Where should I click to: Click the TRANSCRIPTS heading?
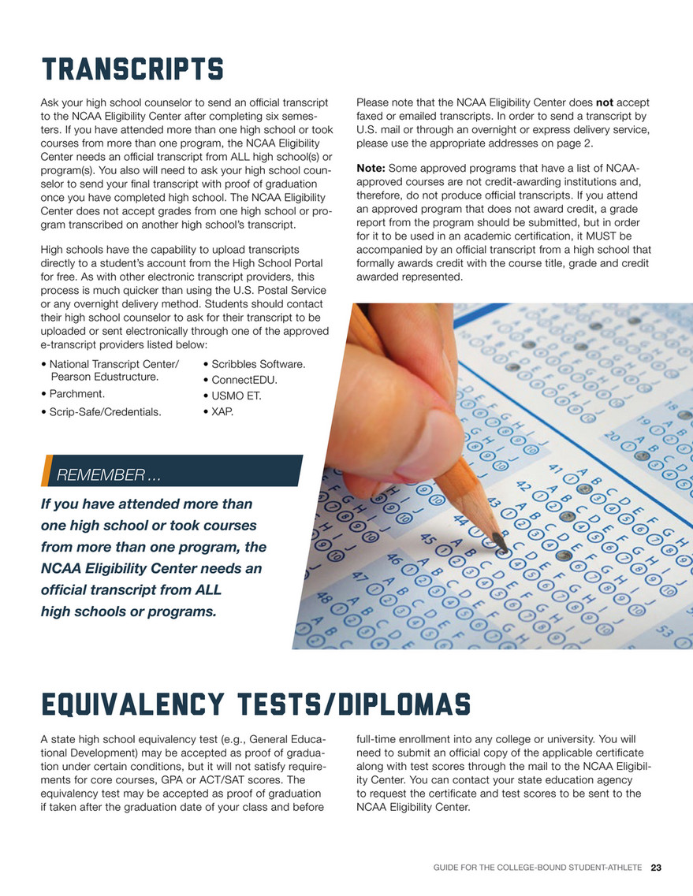tap(132, 69)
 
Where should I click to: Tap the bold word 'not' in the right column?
tap(604, 102)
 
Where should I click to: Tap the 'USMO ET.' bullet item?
tap(236, 396)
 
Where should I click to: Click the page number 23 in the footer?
tap(656, 868)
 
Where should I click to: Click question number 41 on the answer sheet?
tap(555, 470)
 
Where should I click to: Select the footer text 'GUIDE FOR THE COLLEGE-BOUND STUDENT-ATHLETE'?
tap(538, 868)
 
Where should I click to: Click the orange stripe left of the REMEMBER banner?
tap(47, 470)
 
